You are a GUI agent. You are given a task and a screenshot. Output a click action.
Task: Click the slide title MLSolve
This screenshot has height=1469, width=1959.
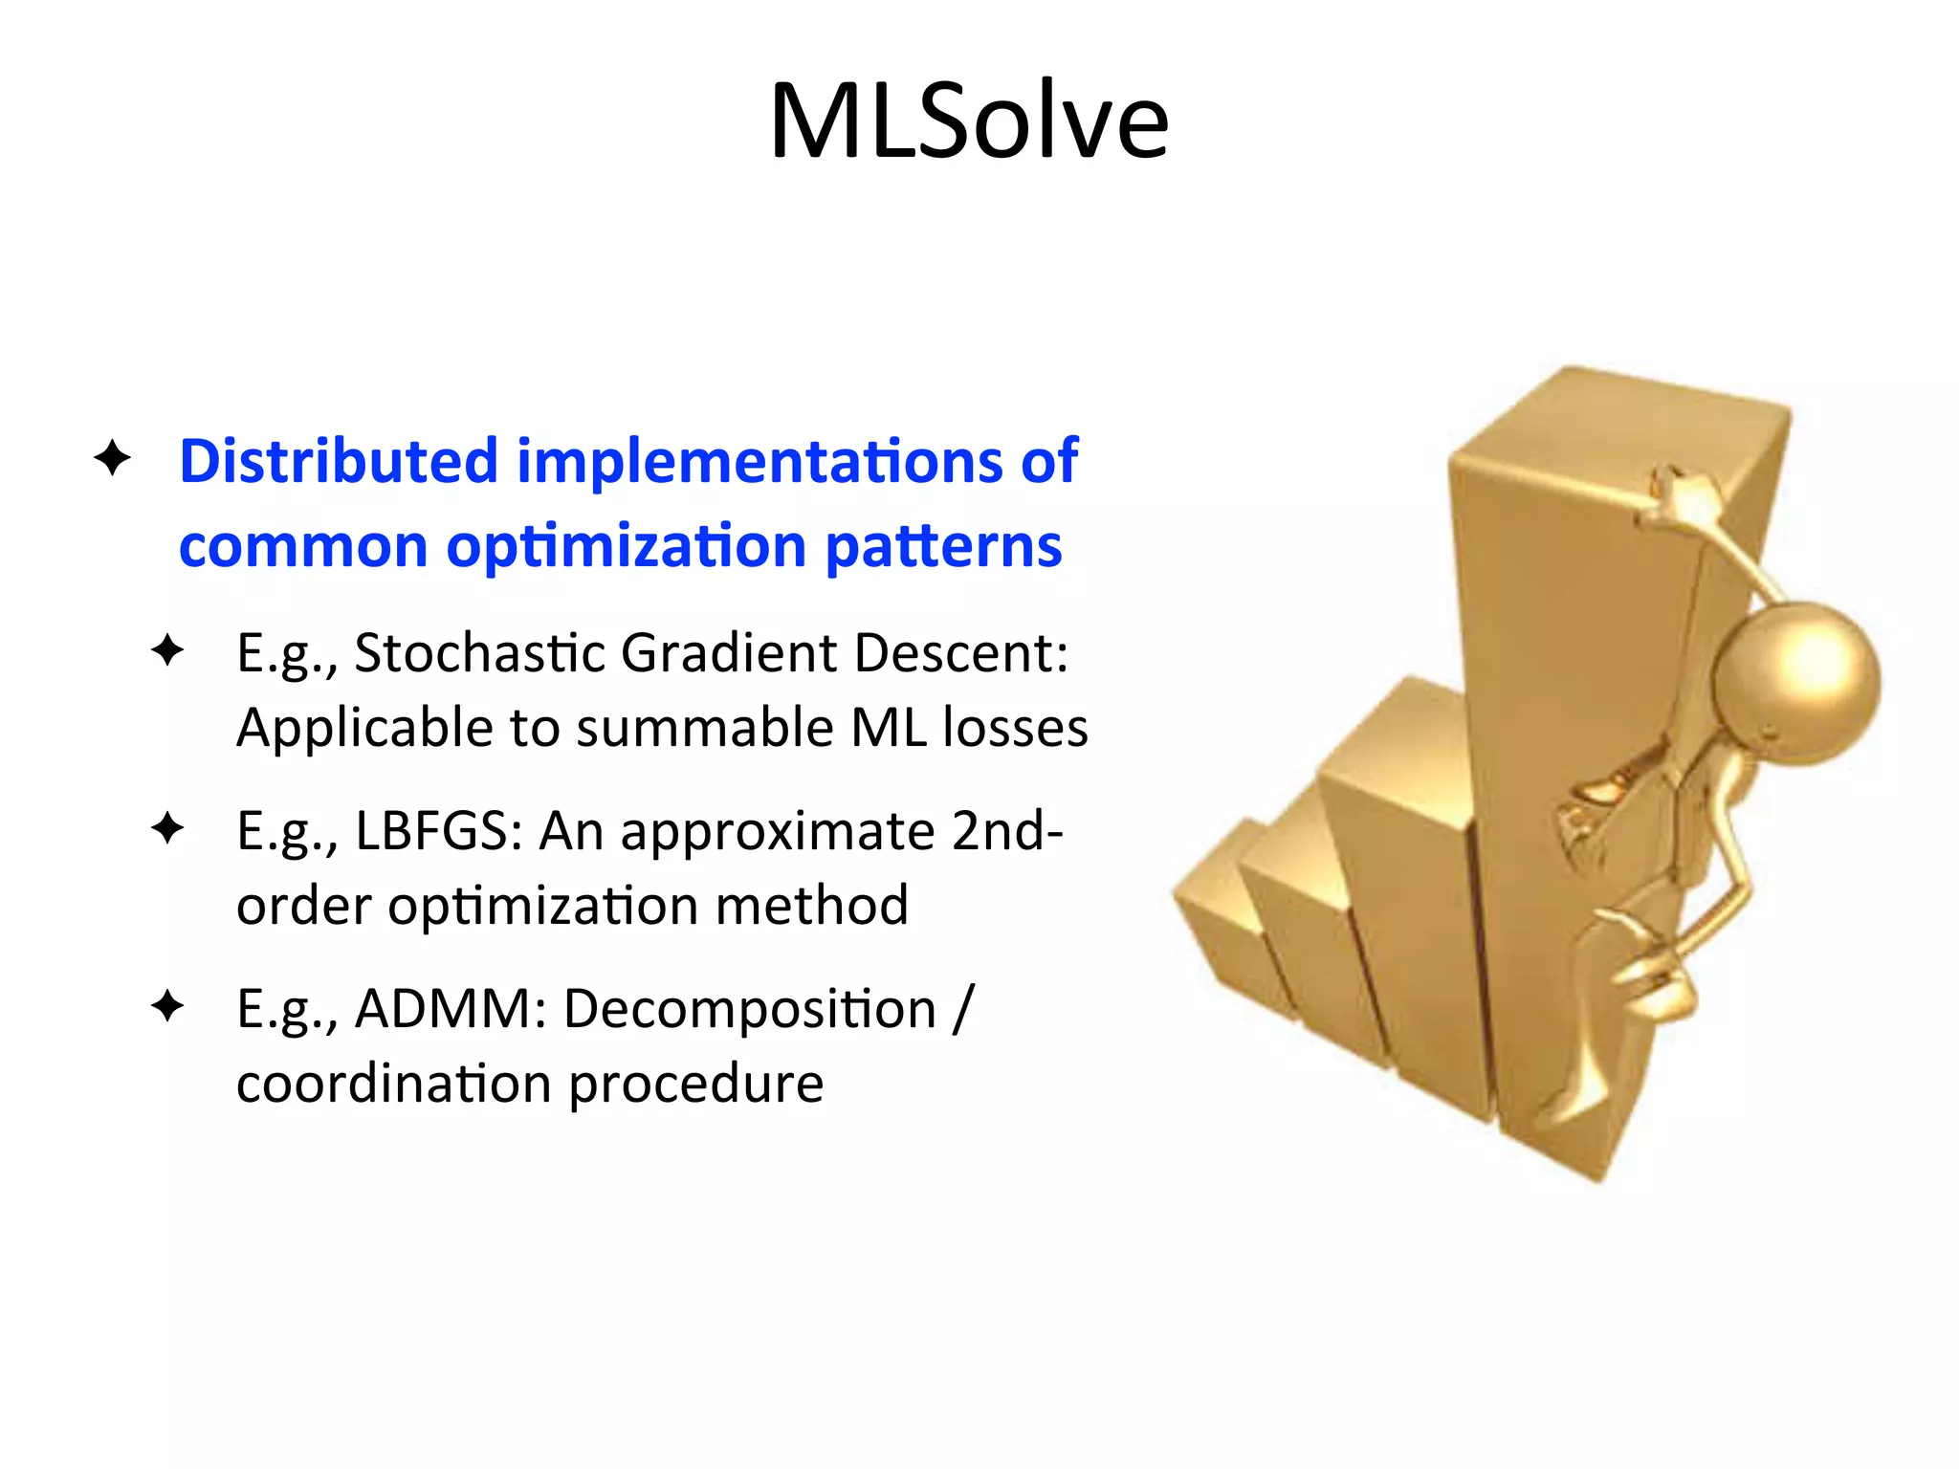click(x=968, y=121)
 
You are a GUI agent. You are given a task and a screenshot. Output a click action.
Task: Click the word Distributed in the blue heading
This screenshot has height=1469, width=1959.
click(x=338, y=461)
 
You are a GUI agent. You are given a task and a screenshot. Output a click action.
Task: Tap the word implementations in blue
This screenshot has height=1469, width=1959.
click(x=760, y=461)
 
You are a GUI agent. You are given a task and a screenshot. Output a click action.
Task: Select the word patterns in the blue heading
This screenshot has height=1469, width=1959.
click(x=942, y=546)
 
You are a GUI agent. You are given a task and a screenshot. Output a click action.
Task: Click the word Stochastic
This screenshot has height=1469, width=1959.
click(x=480, y=653)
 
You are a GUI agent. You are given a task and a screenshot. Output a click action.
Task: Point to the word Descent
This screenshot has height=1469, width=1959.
click(x=959, y=653)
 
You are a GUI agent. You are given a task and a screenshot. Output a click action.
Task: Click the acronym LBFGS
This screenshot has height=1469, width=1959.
click(x=437, y=830)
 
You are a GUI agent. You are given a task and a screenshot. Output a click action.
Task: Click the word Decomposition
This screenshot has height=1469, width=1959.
click(x=749, y=1009)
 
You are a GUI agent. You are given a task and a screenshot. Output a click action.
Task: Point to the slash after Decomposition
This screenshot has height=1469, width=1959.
click(x=962, y=1009)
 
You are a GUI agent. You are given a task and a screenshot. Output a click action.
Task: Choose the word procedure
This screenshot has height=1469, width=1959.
click(x=695, y=1084)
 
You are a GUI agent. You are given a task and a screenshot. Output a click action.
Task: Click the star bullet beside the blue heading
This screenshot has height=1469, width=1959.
click(x=112, y=458)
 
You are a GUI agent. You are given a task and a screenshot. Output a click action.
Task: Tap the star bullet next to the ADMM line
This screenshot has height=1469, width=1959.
click(x=167, y=1006)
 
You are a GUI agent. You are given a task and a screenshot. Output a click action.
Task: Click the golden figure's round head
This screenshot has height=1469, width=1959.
click(x=1795, y=681)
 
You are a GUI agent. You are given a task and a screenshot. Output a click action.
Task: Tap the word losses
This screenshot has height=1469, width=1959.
click(x=1015, y=728)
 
